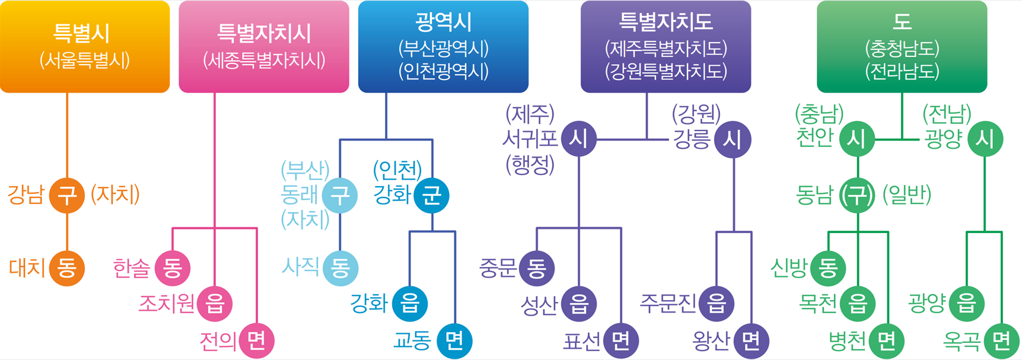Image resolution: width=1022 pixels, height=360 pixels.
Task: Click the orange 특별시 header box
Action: coord(84,46)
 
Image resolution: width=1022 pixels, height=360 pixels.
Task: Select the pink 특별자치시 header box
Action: coord(264,46)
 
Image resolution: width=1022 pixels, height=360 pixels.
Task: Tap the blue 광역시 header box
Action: coord(443,46)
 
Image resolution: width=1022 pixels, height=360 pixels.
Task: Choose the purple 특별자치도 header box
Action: coord(666,46)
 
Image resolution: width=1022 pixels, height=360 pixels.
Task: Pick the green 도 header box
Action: coord(902,46)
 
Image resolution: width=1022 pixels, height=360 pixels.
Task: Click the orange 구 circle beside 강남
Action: coord(67,195)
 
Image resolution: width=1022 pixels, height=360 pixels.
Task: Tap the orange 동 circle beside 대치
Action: coord(67,268)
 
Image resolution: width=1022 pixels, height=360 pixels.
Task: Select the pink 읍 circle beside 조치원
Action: coord(215,304)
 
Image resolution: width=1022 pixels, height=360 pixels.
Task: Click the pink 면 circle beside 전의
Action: coord(256,340)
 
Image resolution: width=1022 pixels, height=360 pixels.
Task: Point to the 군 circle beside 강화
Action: coord(431,195)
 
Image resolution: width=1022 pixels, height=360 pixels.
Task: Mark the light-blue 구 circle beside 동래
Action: coord(340,195)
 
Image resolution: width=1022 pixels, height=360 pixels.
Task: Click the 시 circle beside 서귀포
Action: coord(578,139)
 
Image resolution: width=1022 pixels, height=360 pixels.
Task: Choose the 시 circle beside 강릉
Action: coord(733,139)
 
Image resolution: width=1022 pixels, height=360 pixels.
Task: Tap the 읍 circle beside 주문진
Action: coord(717,304)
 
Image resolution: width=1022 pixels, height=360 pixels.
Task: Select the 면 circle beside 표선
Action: coord(620,340)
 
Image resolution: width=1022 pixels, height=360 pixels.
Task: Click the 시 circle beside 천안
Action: coord(857,139)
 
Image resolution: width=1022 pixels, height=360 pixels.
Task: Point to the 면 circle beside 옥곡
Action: coord(1001,340)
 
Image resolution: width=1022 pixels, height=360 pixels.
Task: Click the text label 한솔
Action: coord(131,269)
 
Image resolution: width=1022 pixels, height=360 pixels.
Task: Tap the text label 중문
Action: coord(497,269)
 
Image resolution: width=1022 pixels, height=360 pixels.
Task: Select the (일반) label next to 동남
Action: coord(907,195)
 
